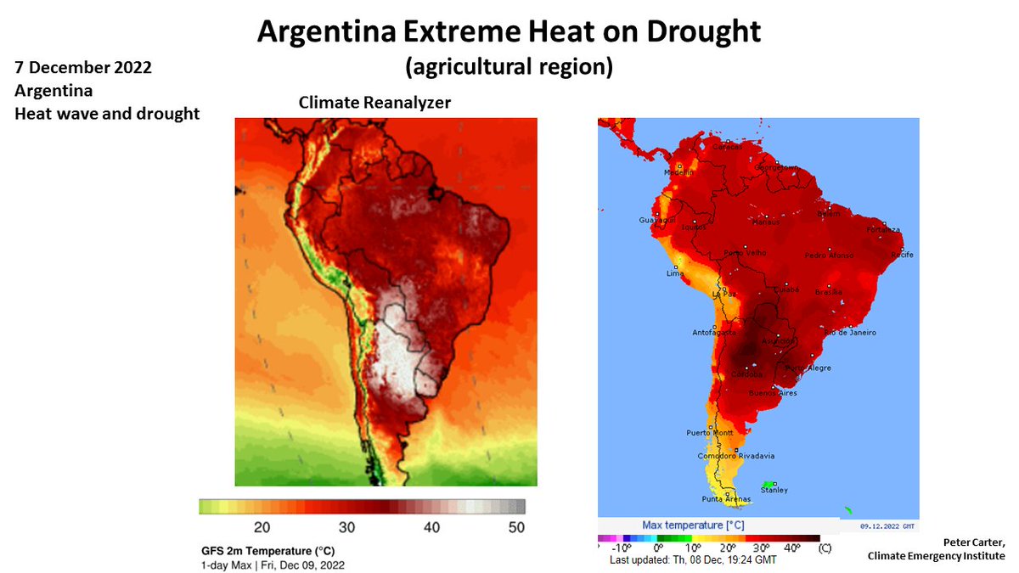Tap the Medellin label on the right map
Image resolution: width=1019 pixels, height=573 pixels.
(655, 171)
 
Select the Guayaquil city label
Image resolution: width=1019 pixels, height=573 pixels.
(655, 221)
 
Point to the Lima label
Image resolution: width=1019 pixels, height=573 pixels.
(674, 273)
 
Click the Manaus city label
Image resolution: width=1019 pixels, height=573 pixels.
(766, 222)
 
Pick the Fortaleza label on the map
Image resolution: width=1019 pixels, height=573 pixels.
(882, 229)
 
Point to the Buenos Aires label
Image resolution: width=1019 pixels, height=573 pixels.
(773, 394)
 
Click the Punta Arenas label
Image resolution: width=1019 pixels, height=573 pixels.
(723, 498)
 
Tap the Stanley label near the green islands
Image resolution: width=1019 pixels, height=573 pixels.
(774, 490)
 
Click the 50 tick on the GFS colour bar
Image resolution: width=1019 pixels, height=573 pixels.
(515, 528)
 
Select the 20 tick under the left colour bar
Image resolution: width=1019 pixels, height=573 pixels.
(262, 528)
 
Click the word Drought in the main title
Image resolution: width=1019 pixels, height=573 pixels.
(690, 31)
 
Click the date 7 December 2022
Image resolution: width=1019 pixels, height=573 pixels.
(83, 68)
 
